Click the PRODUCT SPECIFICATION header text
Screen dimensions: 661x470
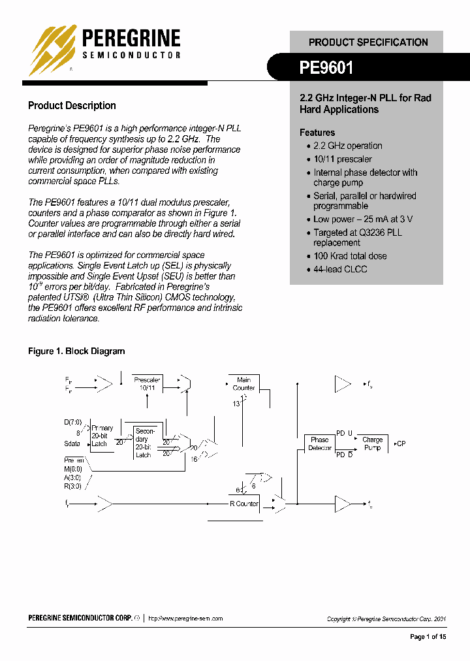pos(368,42)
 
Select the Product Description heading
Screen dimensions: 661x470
pos(72,106)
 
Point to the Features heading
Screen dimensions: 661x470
pos(317,133)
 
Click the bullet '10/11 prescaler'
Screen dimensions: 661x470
pos(343,159)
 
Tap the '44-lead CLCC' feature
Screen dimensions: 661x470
pos(340,269)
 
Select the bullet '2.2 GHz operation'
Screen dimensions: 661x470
pos(347,146)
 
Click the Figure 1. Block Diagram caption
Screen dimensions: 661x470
pos(76,351)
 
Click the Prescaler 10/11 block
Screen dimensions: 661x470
pos(147,384)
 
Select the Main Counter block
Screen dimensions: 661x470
pos(243,384)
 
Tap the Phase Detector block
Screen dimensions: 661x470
pos(320,444)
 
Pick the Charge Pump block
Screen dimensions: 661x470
pos(372,444)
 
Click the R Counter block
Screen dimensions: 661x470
pos(244,504)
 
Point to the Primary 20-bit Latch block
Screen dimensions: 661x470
pos(102,436)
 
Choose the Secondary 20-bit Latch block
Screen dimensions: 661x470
pos(144,443)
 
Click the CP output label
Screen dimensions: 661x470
pos(400,444)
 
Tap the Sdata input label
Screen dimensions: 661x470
pos(72,444)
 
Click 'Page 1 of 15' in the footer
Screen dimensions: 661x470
pos(428,637)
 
